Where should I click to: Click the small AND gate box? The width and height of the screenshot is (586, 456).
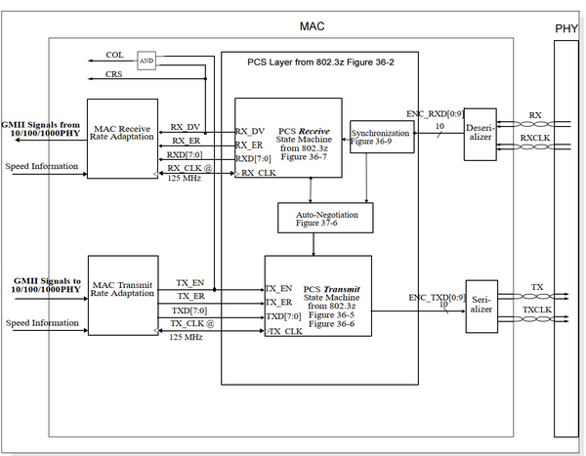point(146,58)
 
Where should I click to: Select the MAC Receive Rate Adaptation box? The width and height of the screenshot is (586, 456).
point(123,137)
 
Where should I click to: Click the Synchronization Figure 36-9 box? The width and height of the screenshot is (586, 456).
point(380,137)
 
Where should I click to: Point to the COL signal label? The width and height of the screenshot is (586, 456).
point(114,55)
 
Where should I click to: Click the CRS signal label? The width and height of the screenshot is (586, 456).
point(114,73)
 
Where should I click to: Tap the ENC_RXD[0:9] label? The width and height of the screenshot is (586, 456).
point(433,113)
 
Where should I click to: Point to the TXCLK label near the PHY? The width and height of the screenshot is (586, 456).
point(536,310)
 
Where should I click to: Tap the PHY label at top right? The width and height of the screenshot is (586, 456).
point(566,27)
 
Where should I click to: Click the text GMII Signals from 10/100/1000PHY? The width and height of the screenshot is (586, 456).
point(41,130)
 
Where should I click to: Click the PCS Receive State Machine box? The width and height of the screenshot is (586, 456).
point(288,138)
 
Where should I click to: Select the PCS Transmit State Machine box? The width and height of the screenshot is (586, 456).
point(317,296)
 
